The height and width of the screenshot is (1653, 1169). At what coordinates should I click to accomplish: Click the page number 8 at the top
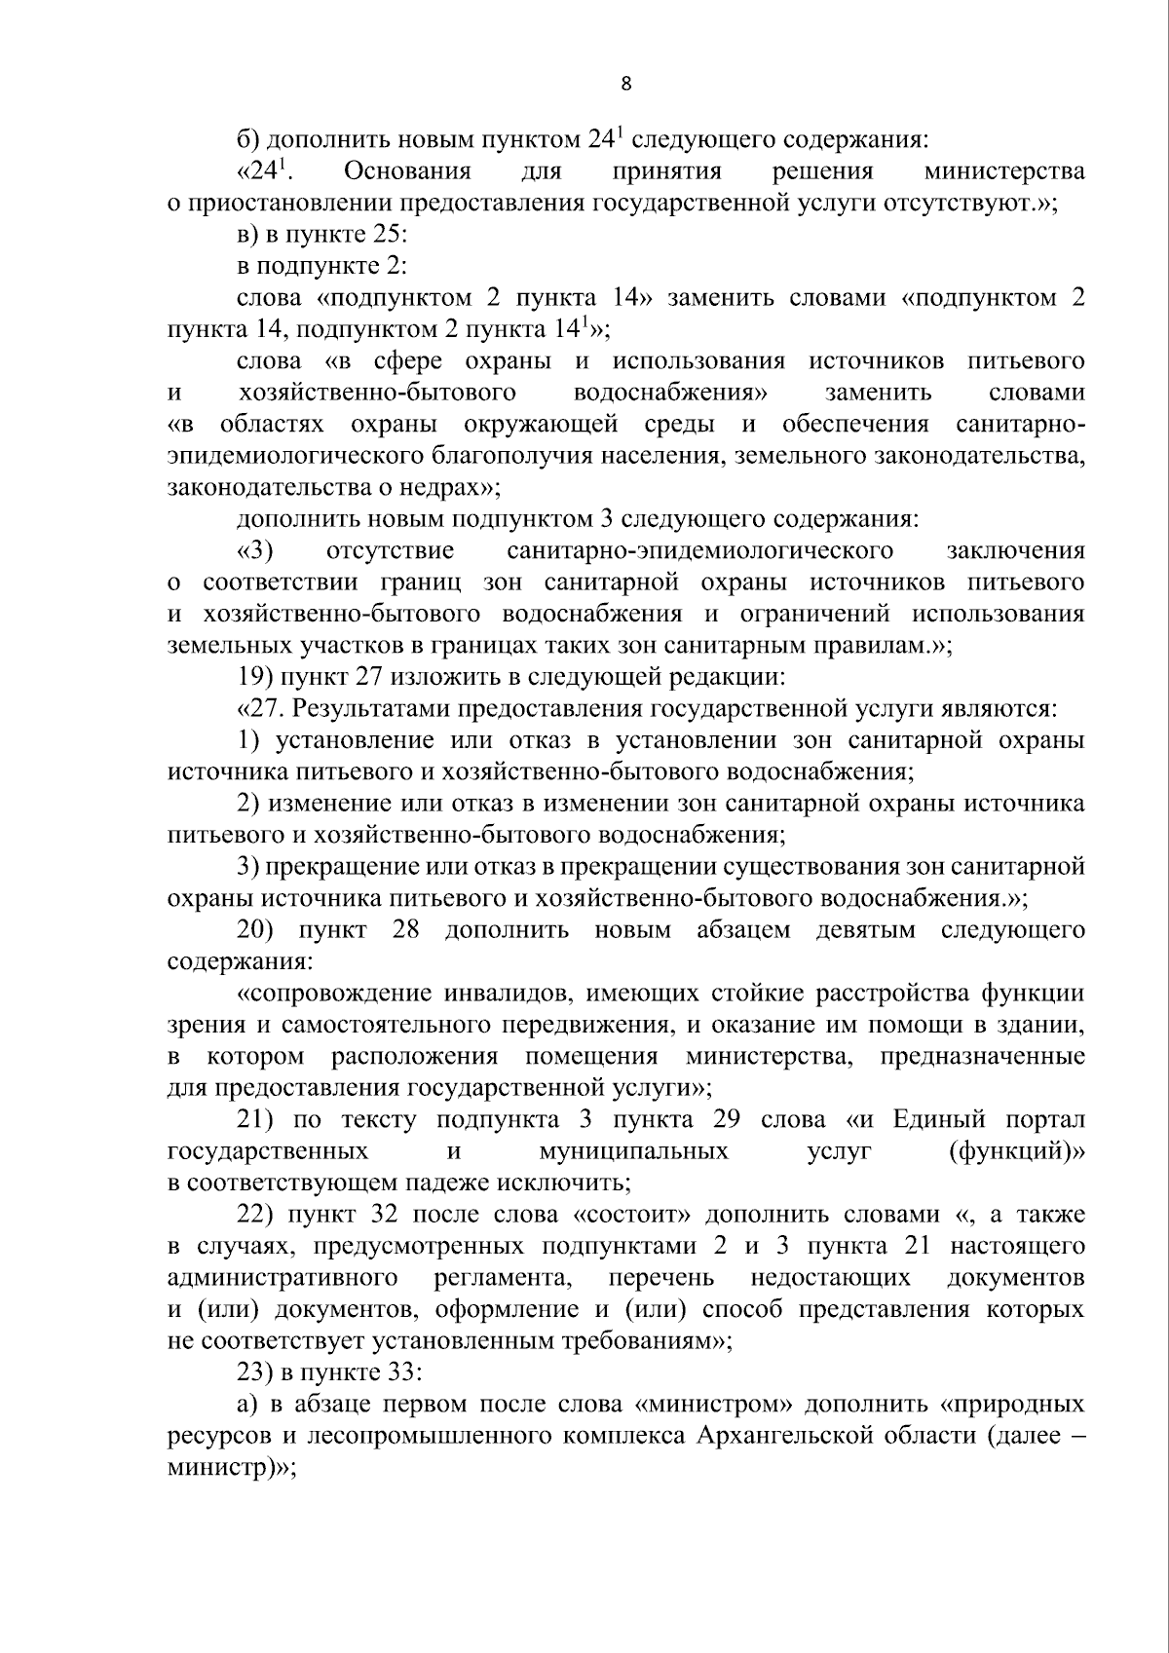(625, 84)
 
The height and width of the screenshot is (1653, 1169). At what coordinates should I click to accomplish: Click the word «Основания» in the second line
(407, 172)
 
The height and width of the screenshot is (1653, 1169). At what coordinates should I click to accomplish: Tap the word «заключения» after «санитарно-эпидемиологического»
(1015, 551)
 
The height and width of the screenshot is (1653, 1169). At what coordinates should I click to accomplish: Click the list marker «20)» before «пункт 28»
(258, 930)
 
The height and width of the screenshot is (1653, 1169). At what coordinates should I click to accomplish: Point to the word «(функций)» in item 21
(1016, 1151)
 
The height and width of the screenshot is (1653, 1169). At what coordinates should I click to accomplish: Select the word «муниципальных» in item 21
(633, 1151)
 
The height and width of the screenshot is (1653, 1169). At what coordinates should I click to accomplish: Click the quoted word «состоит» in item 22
(633, 1215)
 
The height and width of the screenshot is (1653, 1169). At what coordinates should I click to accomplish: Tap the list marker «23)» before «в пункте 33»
(258, 1372)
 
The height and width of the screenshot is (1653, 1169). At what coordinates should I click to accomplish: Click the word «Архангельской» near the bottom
(774, 1436)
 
